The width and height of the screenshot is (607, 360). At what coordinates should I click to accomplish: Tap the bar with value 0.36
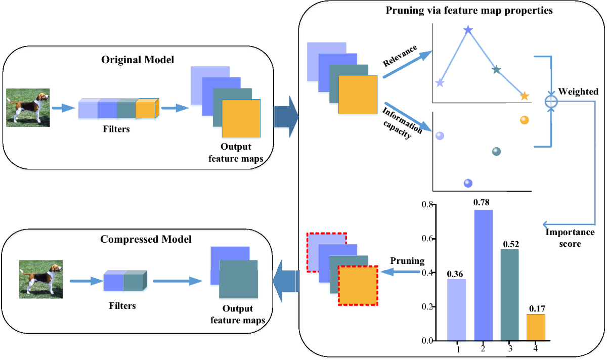(x=457, y=309)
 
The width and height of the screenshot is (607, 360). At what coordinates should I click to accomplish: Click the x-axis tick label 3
(x=509, y=349)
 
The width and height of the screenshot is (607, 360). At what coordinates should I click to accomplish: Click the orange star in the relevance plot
(x=525, y=96)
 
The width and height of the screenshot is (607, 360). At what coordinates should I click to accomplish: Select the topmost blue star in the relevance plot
(x=468, y=30)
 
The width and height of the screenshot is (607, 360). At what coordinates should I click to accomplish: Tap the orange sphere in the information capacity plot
(x=524, y=120)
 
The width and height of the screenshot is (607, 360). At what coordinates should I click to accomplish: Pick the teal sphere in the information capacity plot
(x=496, y=151)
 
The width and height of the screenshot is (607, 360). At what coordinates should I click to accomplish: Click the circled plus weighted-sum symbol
(x=551, y=101)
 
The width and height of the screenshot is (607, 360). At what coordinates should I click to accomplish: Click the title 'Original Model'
(x=138, y=60)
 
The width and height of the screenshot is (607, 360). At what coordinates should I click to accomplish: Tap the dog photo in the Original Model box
(x=28, y=108)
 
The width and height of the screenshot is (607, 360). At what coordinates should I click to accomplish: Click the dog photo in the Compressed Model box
(x=41, y=279)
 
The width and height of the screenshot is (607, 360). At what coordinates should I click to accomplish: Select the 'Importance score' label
(x=570, y=238)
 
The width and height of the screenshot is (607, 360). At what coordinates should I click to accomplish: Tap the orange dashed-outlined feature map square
(x=358, y=285)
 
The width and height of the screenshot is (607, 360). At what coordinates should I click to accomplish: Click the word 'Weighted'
(x=579, y=92)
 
